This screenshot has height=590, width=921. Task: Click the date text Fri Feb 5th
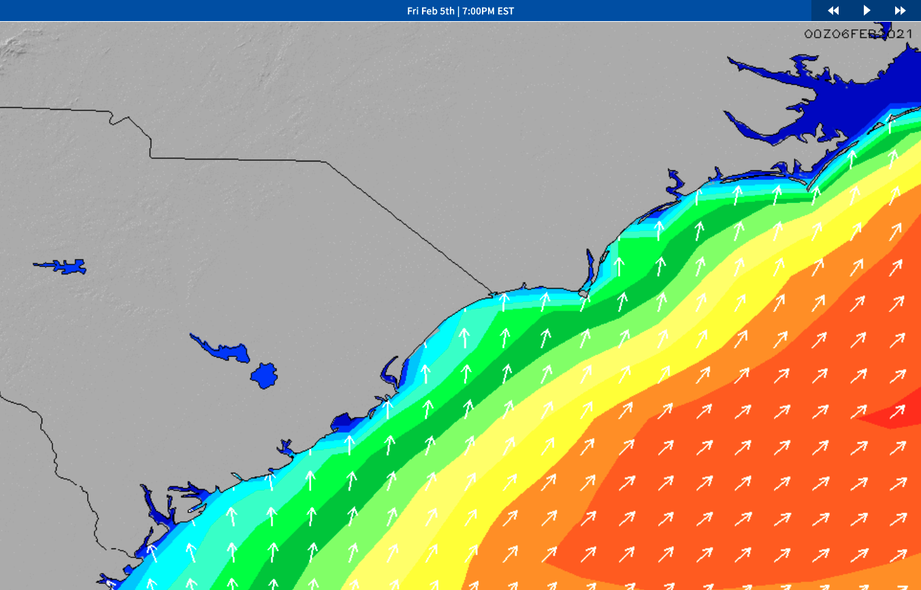430,11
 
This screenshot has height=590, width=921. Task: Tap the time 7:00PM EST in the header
487,11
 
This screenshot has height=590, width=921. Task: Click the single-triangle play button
867,10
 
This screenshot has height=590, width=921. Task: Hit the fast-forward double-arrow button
900,10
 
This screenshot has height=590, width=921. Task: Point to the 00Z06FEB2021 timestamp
858,34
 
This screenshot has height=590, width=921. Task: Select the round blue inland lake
264,375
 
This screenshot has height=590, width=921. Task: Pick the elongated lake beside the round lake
225,350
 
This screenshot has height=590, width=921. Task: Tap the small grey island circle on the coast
583,293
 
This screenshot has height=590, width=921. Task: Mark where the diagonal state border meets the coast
491,294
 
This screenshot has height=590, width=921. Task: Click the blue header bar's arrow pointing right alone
867,10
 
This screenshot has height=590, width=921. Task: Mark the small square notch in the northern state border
119,120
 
